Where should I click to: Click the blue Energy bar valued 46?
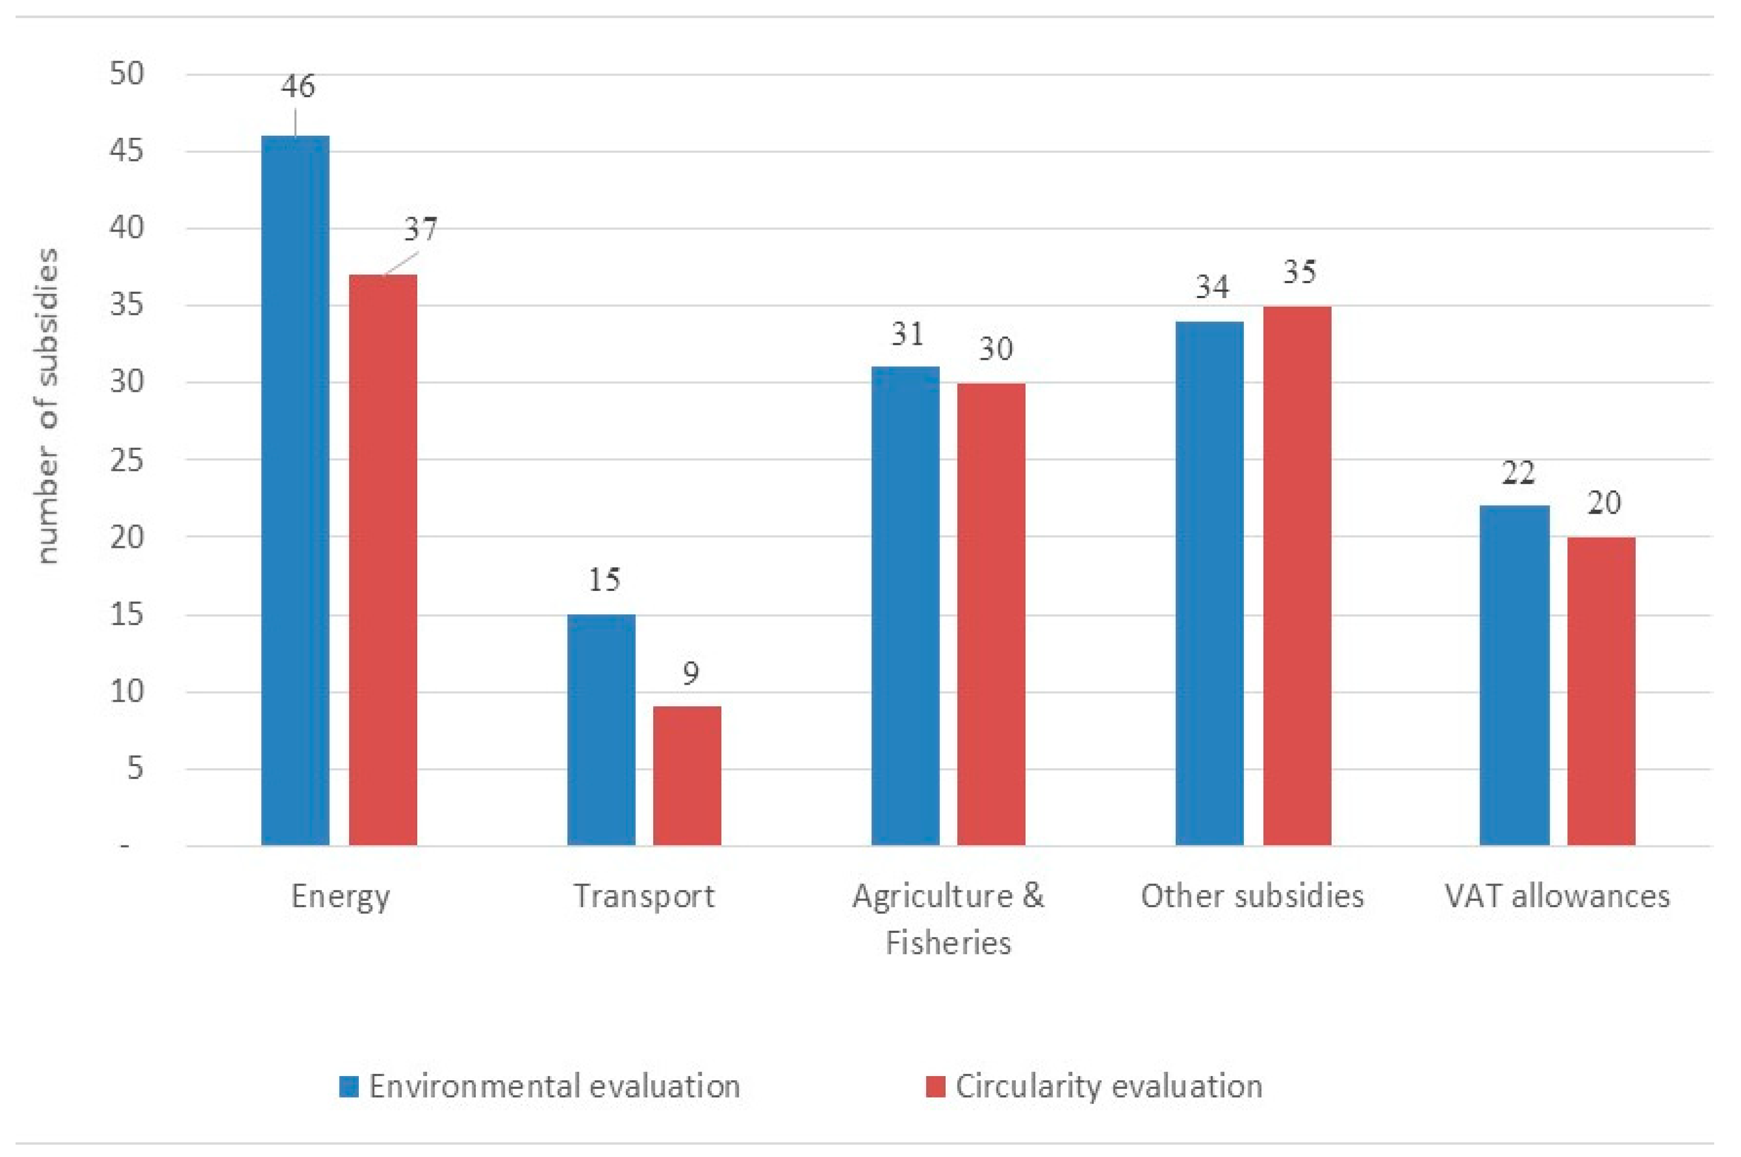pos(295,491)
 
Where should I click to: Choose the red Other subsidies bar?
pos(1297,575)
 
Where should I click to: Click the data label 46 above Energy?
pos(298,86)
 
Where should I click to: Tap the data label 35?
pos(1299,272)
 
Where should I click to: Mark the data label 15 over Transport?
pos(604,580)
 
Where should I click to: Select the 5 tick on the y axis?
pos(134,769)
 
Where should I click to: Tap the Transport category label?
pos(644,896)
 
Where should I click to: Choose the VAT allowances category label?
pos(1557,896)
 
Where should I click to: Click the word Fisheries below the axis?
pos(948,943)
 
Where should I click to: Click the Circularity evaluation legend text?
pos(1109,1086)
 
